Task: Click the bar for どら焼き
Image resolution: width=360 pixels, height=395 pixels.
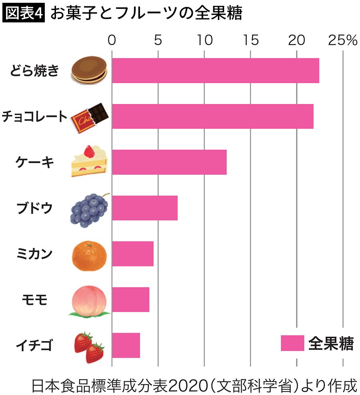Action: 215,71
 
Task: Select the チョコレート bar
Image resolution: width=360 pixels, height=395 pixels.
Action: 212,116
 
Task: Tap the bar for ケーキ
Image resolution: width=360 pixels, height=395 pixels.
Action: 169,162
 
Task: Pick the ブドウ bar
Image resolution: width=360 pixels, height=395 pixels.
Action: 144,208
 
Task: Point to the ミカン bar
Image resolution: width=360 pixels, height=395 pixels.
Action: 132,253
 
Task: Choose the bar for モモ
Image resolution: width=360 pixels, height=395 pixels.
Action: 130,299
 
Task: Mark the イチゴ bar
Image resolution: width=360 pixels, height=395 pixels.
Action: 126,345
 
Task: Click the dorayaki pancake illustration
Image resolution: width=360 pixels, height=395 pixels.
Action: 90,70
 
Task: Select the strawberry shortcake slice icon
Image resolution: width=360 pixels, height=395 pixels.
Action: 89,162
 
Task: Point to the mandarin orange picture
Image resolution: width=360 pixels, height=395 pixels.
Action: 90,254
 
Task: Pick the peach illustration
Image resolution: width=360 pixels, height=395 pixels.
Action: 89,301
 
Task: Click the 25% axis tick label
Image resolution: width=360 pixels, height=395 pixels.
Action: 342,40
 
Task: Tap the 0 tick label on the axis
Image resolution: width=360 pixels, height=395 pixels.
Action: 112,40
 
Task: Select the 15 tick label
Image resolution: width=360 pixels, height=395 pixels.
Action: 250,40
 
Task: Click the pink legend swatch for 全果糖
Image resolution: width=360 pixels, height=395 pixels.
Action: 292,343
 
